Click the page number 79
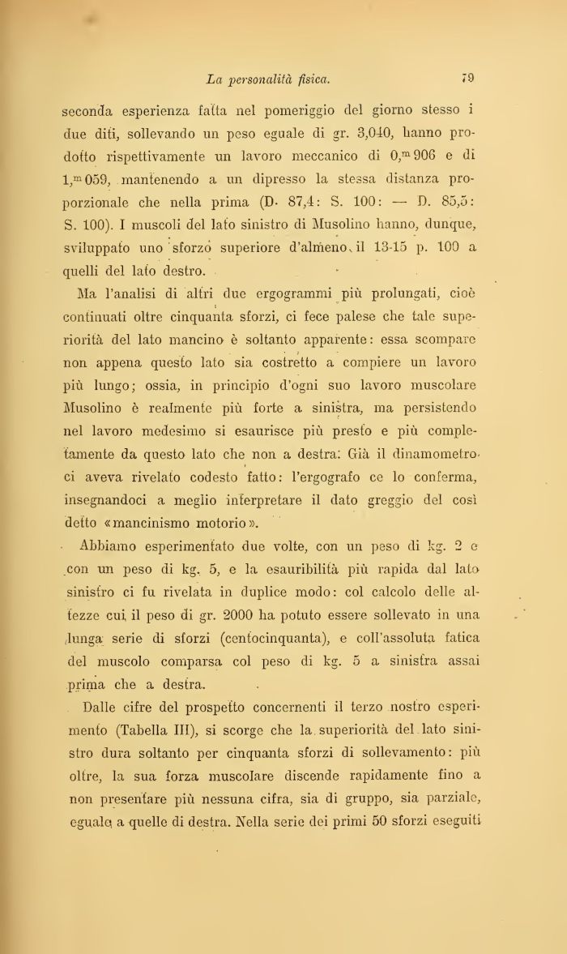click(467, 79)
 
